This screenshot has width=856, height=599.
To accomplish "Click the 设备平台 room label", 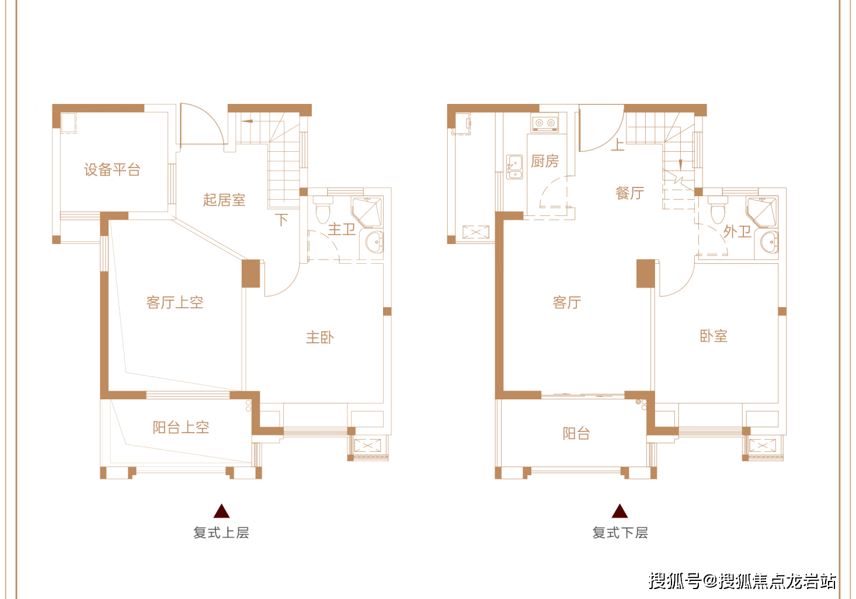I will (112, 170).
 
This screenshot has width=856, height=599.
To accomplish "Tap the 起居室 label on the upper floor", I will (224, 200).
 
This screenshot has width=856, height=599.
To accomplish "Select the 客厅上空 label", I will (175, 302).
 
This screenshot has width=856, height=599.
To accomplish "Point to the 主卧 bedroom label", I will (320, 337).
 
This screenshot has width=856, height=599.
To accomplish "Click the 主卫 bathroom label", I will (342, 229).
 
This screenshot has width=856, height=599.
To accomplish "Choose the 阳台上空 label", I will (181, 427).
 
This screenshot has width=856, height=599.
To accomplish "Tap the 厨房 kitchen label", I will (545, 161).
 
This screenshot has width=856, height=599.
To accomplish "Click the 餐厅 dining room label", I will (630, 193).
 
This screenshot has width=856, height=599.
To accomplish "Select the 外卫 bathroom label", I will (737, 232).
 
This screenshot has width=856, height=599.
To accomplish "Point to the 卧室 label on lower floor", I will (714, 336).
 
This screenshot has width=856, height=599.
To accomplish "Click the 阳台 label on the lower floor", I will (576, 433).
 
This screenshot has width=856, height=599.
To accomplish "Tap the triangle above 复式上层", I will (221, 511).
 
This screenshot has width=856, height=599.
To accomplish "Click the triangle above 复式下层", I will (620, 511).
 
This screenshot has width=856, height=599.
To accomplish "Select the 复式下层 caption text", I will (620, 532).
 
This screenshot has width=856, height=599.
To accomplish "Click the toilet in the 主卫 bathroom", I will (323, 211).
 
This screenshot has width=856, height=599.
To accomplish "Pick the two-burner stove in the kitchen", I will (545, 123).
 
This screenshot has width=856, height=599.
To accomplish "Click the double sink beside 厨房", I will (514, 167).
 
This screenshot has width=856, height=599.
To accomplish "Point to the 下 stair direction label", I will (282, 220).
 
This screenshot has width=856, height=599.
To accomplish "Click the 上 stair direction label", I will (617, 144).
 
